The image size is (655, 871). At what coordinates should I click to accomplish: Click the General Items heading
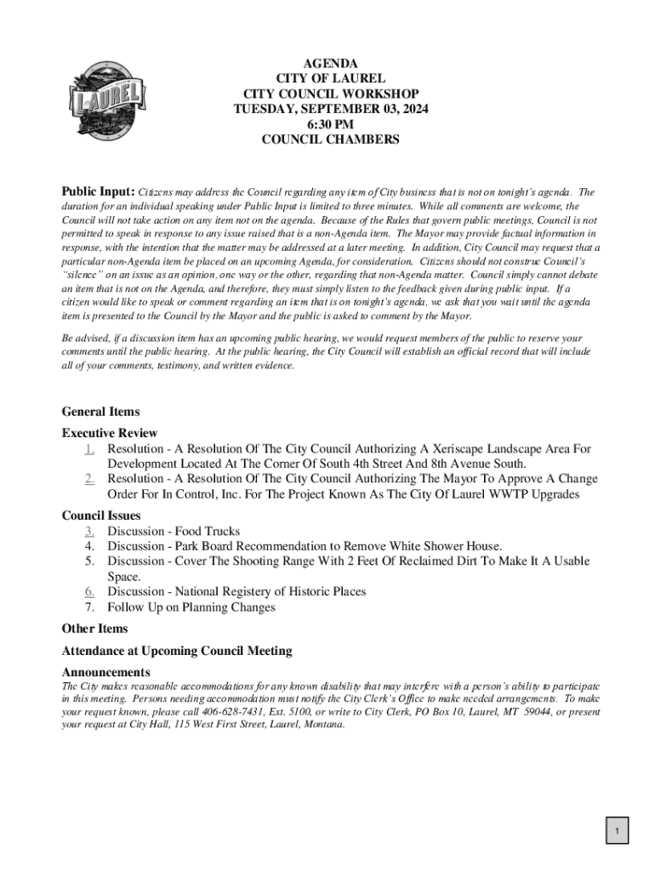(101, 412)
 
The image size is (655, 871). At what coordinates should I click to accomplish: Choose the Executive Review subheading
(110, 433)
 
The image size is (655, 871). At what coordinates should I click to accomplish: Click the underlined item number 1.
(89, 448)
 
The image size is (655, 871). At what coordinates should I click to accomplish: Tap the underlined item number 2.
(89, 479)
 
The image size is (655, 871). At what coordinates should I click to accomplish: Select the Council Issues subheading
(101, 515)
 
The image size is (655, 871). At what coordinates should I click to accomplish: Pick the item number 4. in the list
(89, 546)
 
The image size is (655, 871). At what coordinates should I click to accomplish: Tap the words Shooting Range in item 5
(280, 561)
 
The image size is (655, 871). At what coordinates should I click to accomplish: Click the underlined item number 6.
(89, 591)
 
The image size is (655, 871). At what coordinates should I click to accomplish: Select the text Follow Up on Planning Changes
(191, 606)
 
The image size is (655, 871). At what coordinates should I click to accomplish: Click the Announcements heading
(106, 672)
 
